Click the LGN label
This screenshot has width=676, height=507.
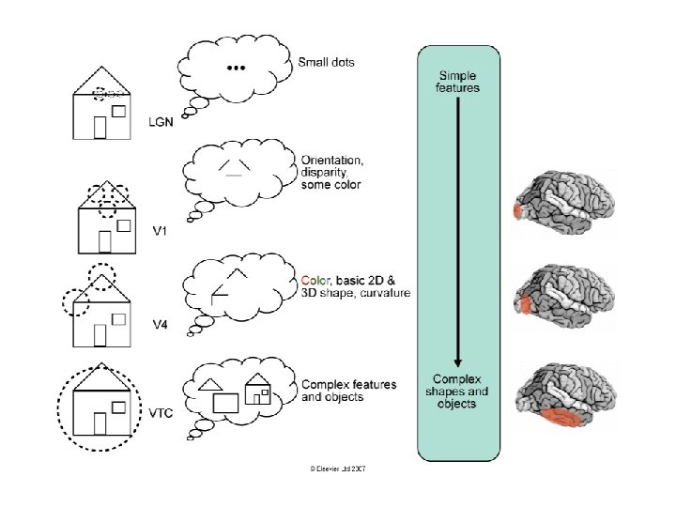click(x=161, y=121)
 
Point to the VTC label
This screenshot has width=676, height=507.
click(x=162, y=411)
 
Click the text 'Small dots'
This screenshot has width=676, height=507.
click(x=326, y=63)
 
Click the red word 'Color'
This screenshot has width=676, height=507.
click(x=315, y=280)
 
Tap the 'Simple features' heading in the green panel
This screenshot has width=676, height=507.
click(x=458, y=81)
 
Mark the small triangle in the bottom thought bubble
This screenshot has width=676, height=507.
click(x=211, y=383)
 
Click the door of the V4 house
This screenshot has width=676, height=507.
click(x=99, y=335)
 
